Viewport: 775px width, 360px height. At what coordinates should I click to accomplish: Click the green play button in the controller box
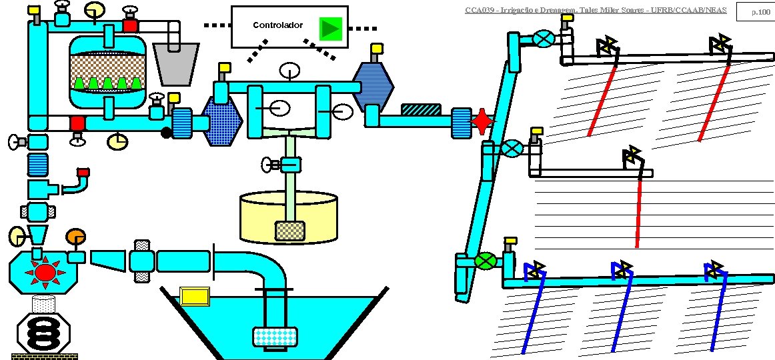[x=330, y=28]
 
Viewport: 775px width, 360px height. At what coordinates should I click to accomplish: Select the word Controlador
[x=278, y=25]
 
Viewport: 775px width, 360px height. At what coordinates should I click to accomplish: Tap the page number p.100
[x=760, y=12]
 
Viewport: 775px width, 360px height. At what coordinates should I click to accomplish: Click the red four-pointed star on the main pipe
[x=482, y=121]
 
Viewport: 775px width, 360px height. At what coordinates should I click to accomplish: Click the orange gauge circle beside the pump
[x=75, y=237]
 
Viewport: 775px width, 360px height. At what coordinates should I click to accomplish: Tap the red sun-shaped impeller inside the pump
[x=45, y=272]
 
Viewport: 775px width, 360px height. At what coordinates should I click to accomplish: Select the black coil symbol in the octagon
[x=43, y=331]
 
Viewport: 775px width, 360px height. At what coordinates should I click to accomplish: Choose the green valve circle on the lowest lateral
[x=487, y=260]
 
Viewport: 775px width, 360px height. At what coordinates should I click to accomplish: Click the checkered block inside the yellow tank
[x=290, y=231]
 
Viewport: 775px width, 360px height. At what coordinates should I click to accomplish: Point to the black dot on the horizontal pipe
[x=166, y=133]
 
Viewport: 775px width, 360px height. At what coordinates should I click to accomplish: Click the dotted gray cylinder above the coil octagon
[x=43, y=305]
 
